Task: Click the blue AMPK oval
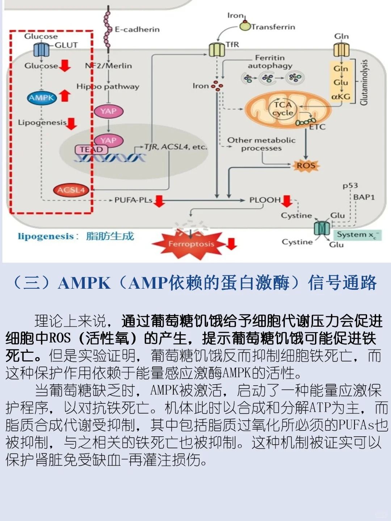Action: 42,98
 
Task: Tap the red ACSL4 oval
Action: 71,190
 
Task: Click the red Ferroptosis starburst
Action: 190,244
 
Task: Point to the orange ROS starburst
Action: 306,166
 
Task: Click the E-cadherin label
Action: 137,29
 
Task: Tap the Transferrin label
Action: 273,27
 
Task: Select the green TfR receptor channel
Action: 217,49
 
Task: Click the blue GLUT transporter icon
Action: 41,50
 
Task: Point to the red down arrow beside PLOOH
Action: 287,201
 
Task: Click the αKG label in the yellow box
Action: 341,97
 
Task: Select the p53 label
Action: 350,186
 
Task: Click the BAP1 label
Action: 364,197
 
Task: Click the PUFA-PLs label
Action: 133,200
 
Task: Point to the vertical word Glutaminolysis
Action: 364,82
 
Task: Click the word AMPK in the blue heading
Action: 84,283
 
